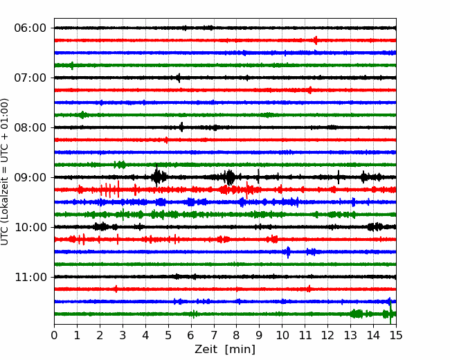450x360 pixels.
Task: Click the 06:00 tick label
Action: tap(30, 28)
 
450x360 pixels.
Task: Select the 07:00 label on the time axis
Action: tap(30, 78)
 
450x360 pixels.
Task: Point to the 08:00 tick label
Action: tap(30, 127)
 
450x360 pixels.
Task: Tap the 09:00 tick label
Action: tap(30, 177)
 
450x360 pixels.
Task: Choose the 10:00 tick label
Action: tap(30, 227)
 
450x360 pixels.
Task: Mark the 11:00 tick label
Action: tap(30, 277)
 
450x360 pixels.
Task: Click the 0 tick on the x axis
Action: tap(55, 336)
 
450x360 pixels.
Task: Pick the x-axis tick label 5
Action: tap(168, 336)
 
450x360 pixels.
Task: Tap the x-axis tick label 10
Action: tap(282, 336)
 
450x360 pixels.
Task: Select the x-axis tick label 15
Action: tap(396, 336)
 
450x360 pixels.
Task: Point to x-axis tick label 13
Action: tap(350, 336)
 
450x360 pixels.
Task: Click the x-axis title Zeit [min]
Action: tap(225, 350)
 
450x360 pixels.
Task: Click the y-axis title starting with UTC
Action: tap(6, 172)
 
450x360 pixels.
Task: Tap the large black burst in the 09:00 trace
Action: tap(159, 177)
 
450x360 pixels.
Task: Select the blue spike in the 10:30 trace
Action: tap(288, 252)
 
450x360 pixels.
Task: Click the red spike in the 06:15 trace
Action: tap(316, 40)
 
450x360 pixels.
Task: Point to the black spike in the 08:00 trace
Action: tap(181, 127)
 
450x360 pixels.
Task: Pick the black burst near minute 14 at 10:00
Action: tap(376, 227)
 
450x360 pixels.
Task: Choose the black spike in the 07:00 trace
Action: tap(178, 78)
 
